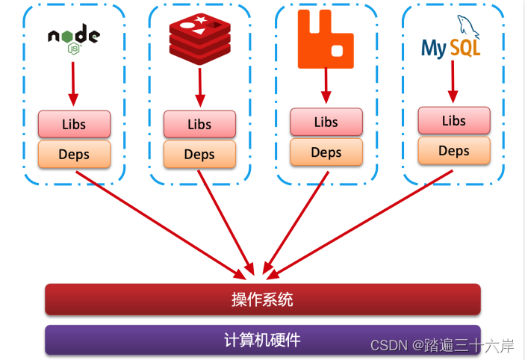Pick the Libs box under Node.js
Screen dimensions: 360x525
[x=74, y=123]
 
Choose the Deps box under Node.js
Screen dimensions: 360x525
[x=74, y=155]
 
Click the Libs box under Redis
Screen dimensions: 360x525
[x=199, y=124]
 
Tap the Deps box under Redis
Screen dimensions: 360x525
[x=199, y=155]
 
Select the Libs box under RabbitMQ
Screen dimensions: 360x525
[x=326, y=122]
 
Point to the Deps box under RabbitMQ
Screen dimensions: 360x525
[x=326, y=152]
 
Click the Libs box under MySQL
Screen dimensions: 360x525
[x=454, y=120]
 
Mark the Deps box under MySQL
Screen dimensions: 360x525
[x=454, y=151]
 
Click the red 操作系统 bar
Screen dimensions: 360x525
[x=262, y=300]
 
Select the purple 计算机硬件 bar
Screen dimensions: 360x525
[x=262, y=340]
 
